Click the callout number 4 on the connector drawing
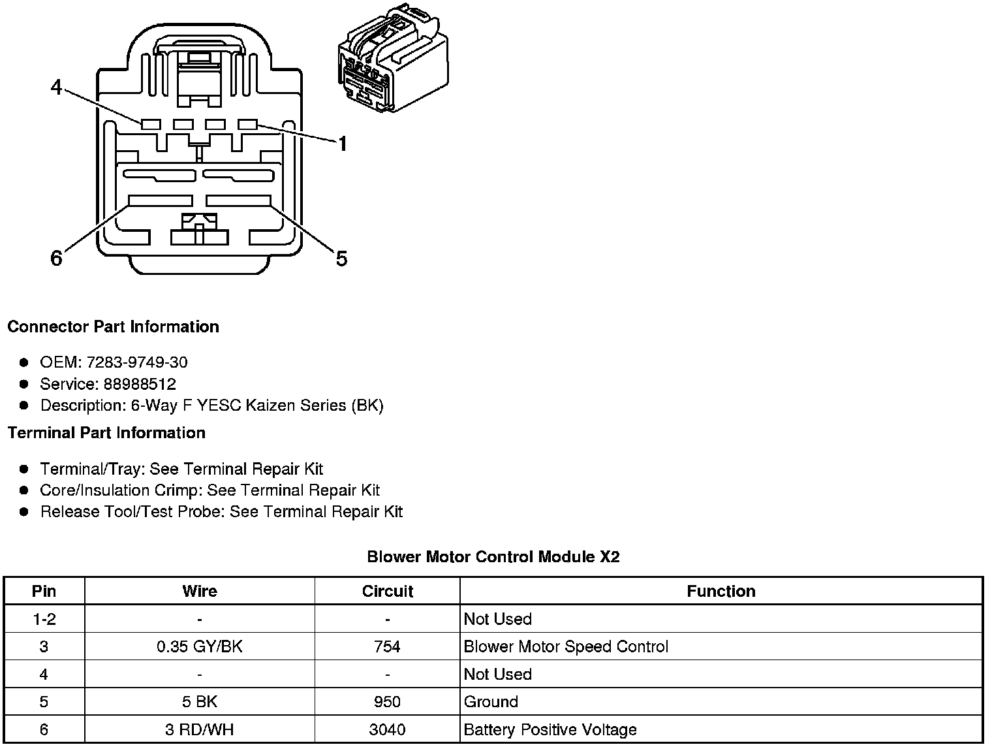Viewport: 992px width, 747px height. point(57,87)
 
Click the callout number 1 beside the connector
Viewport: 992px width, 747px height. point(342,144)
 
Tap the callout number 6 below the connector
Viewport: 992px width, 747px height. point(57,259)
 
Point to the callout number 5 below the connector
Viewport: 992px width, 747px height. point(341,259)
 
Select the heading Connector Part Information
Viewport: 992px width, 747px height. point(113,326)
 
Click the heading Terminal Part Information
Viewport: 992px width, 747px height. point(106,433)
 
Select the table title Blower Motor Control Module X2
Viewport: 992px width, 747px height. point(493,557)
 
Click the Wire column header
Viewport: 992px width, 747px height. point(200,592)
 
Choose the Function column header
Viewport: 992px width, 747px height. point(721,592)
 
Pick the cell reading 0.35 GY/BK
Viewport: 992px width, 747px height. point(200,647)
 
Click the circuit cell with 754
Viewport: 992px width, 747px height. point(388,647)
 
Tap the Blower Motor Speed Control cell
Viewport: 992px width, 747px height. point(566,647)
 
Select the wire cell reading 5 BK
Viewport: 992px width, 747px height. point(200,702)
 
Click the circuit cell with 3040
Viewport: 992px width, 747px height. point(388,729)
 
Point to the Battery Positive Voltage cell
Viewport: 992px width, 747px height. point(550,729)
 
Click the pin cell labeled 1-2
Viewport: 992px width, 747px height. point(44,619)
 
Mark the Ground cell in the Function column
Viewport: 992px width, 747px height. point(491,702)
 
